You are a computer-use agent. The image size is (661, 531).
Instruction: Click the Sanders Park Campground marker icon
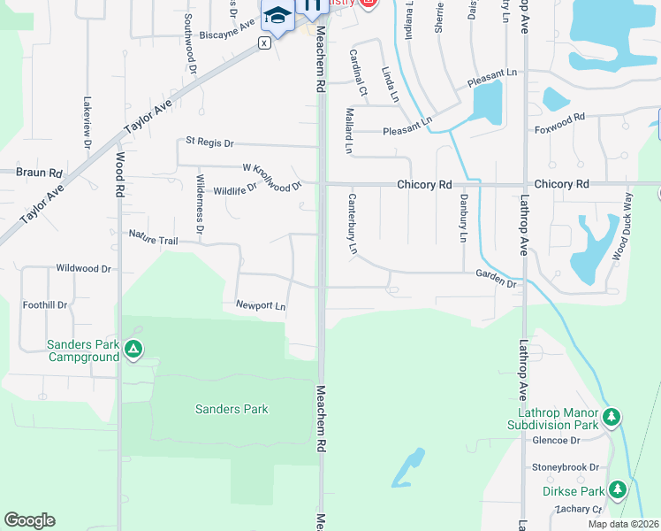click(x=133, y=350)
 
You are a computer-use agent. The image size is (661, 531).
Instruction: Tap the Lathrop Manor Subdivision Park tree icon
click(x=612, y=416)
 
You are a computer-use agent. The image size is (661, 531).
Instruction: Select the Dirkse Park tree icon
click(x=617, y=489)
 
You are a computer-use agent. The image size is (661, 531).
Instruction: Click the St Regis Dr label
click(x=209, y=142)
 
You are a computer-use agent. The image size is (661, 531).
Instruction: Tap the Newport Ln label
click(x=261, y=306)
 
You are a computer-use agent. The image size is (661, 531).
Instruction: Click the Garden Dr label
click(x=496, y=279)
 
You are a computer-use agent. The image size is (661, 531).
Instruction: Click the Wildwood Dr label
click(x=83, y=268)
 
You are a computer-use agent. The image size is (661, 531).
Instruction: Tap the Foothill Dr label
click(x=45, y=305)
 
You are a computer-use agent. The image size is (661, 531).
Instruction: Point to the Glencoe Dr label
click(x=555, y=440)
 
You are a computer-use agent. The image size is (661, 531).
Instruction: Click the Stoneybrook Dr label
click(x=566, y=467)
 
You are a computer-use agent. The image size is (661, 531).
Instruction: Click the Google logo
click(x=29, y=520)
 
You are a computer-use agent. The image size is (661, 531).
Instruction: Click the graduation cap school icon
click(x=277, y=16)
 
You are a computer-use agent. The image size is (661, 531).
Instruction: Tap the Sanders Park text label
click(x=232, y=409)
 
